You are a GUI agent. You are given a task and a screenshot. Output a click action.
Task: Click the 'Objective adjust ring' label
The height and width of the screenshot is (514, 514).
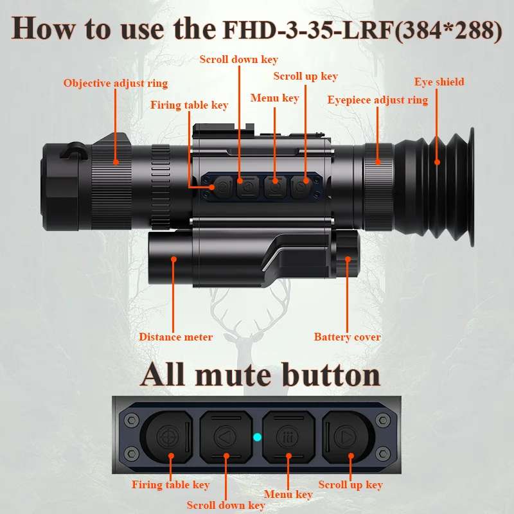click(x=115, y=84)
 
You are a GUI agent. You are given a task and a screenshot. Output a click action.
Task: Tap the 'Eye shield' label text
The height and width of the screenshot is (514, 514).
click(x=439, y=82)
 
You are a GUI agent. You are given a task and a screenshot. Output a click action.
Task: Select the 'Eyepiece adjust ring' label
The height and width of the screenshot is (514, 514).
click(x=377, y=100)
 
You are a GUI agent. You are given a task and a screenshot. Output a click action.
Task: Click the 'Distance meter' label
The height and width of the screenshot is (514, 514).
click(x=175, y=337)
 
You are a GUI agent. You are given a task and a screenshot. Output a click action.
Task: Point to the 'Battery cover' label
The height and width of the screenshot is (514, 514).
click(x=347, y=337)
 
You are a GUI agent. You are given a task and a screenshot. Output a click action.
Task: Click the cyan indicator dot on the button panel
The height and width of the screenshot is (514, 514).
click(x=257, y=438)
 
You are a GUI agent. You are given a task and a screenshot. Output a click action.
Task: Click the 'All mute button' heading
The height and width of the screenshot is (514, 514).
click(x=260, y=375)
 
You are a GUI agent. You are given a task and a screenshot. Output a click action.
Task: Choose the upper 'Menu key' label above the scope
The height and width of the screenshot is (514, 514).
click(x=274, y=98)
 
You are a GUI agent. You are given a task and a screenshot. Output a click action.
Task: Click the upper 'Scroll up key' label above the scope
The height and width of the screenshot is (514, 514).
click(x=305, y=76)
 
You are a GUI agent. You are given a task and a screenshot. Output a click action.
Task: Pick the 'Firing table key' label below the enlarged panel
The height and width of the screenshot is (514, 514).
click(x=170, y=485)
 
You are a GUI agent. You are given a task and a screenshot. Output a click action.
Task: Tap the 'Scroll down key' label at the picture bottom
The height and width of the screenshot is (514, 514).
click(x=226, y=505)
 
